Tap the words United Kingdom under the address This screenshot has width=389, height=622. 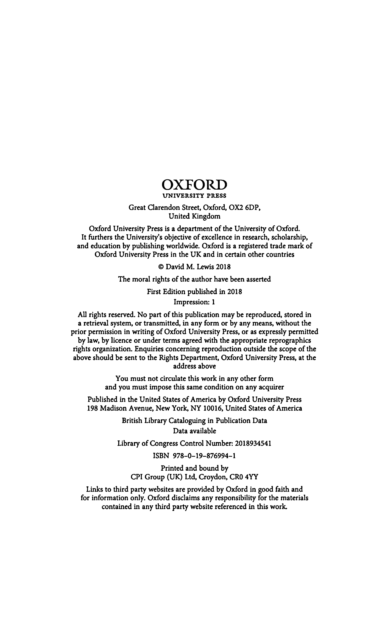[195, 216]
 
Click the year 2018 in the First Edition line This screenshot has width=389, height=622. [235, 292]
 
